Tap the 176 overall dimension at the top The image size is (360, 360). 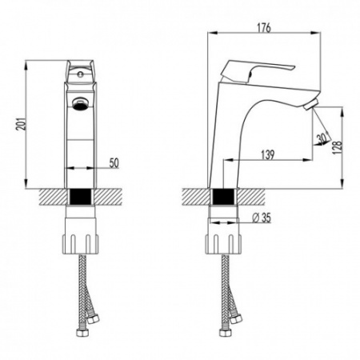click(x=264, y=29)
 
